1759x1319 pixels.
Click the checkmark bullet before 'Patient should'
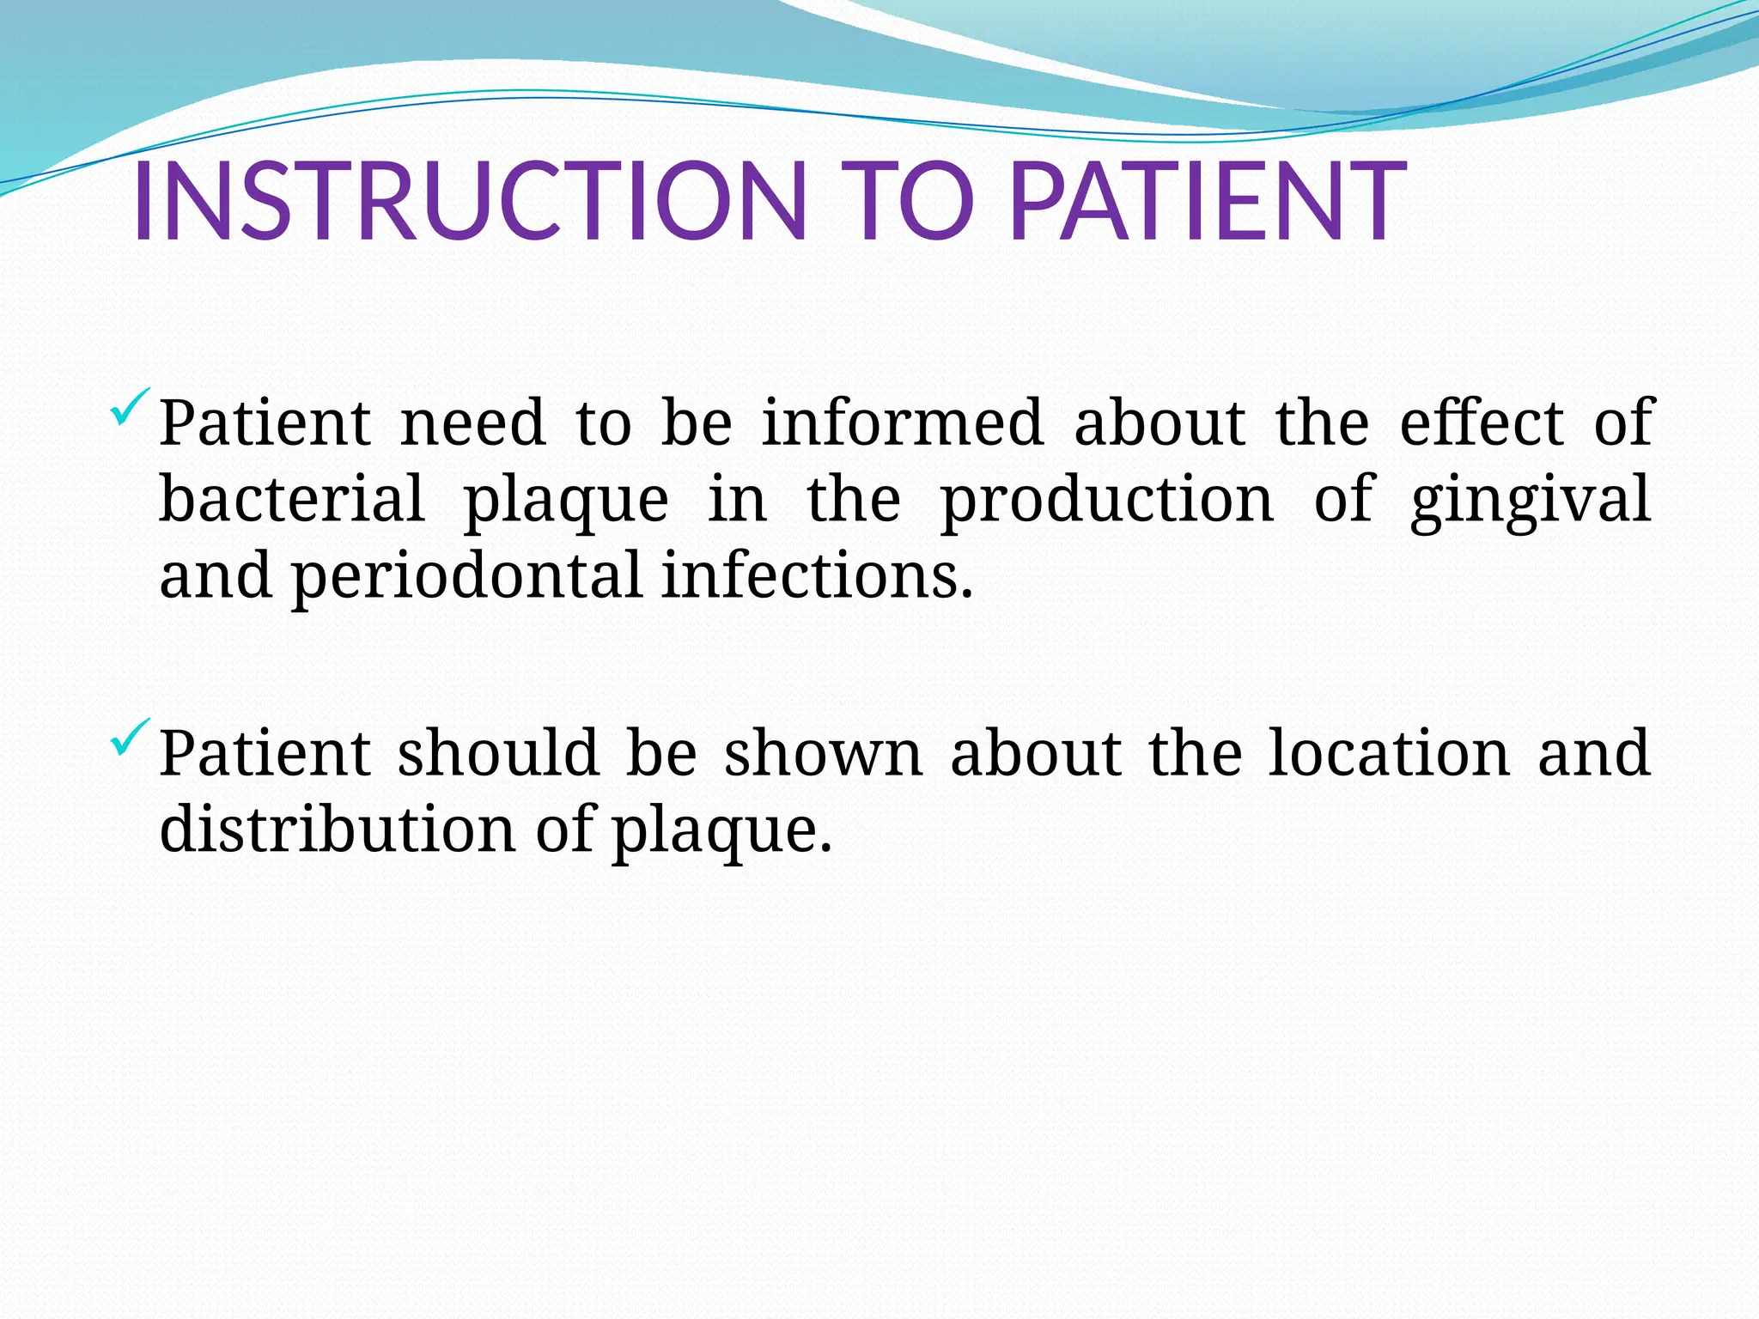pos(131,737)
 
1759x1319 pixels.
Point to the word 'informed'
pos(902,422)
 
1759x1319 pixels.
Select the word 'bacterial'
pos(292,499)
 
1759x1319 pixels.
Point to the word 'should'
pos(498,753)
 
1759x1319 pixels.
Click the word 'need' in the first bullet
pos(473,422)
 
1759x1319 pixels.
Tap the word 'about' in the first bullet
pos(1159,422)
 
